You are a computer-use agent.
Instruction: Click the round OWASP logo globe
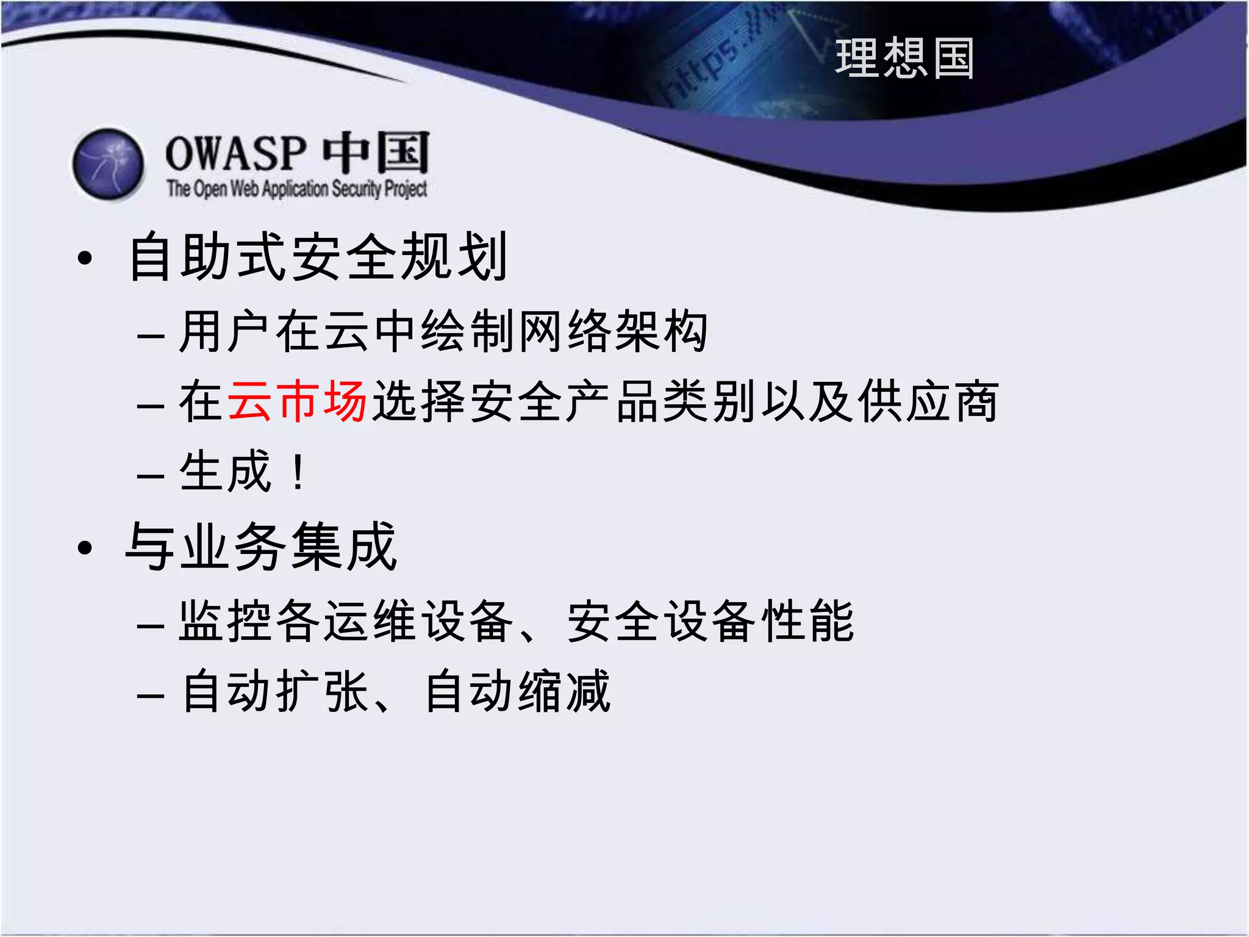click(109, 164)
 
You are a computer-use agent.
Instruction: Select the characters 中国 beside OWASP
click(376, 153)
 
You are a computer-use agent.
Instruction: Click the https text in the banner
click(701, 73)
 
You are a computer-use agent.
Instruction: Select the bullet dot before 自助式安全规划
click(85, 258)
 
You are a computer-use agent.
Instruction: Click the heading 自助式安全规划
click(317, 257)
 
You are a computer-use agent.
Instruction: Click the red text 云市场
click(297, 401)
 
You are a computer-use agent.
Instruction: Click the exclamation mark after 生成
click(298, 472)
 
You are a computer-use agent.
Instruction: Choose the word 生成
click(225, 471)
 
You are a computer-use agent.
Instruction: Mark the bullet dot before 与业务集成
click(85, 548)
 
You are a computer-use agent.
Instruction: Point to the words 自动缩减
click(517, 691)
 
